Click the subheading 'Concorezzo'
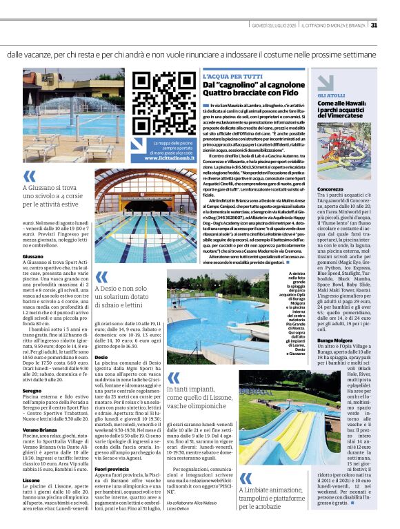(331, 189)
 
